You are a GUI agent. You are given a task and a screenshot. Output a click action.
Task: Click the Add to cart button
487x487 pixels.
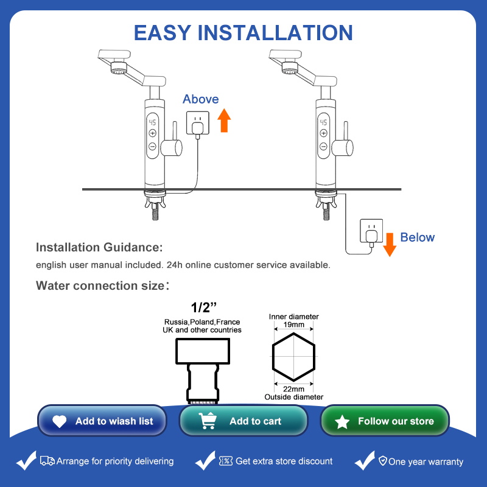[x=243, y=421]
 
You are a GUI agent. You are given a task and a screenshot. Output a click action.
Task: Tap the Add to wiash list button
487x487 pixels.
[x=102, y=421]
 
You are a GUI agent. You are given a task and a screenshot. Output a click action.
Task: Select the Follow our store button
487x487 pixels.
[x=385, y=421]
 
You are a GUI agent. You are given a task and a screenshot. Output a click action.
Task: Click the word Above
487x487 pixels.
[x=200, y=99]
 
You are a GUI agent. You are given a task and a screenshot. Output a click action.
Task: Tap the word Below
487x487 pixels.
[x=417, y=237]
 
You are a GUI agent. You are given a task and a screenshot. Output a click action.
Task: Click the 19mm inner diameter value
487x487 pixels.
[x=293, y=326]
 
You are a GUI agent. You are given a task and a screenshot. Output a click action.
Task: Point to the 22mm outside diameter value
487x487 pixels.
[x=293, y=389]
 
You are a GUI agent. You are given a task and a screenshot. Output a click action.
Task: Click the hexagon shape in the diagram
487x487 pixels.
[x=293, y=357]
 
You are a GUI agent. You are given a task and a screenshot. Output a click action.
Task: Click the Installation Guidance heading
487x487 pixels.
[x=99, y=248]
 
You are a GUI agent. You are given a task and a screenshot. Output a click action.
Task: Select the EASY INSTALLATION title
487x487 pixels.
[x=243, y=32]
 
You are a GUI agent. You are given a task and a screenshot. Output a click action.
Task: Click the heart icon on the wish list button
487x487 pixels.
[x=60, y=421]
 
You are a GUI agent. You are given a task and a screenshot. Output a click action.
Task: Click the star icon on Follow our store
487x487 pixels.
[x=343, y=421]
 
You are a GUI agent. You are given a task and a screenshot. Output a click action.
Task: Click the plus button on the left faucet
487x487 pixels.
[x=152, y=133]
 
